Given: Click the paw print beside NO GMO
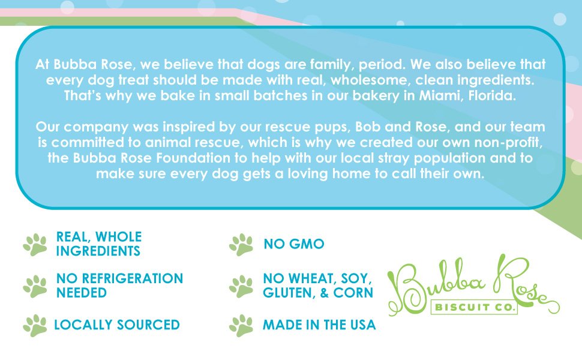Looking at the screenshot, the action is coord(241,245).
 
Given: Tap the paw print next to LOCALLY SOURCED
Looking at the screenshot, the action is coord(35,325).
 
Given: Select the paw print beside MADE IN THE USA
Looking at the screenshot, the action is coord(241,325).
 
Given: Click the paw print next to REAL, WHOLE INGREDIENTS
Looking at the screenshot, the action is coord(35,245).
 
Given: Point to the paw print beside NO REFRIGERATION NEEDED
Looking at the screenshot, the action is coord(35,286).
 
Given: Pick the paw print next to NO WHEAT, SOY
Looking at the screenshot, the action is coord(241,286).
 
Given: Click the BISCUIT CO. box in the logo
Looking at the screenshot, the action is coord(474,307).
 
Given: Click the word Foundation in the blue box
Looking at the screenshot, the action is coord(193,158).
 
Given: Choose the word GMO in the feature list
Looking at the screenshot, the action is coord(307,244).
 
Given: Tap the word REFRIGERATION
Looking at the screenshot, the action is coord(133,278).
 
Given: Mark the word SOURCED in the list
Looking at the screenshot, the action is coord(148,325).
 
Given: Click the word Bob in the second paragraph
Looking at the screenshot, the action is coord(368,127).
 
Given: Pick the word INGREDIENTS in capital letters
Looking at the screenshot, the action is coord(98,251).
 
